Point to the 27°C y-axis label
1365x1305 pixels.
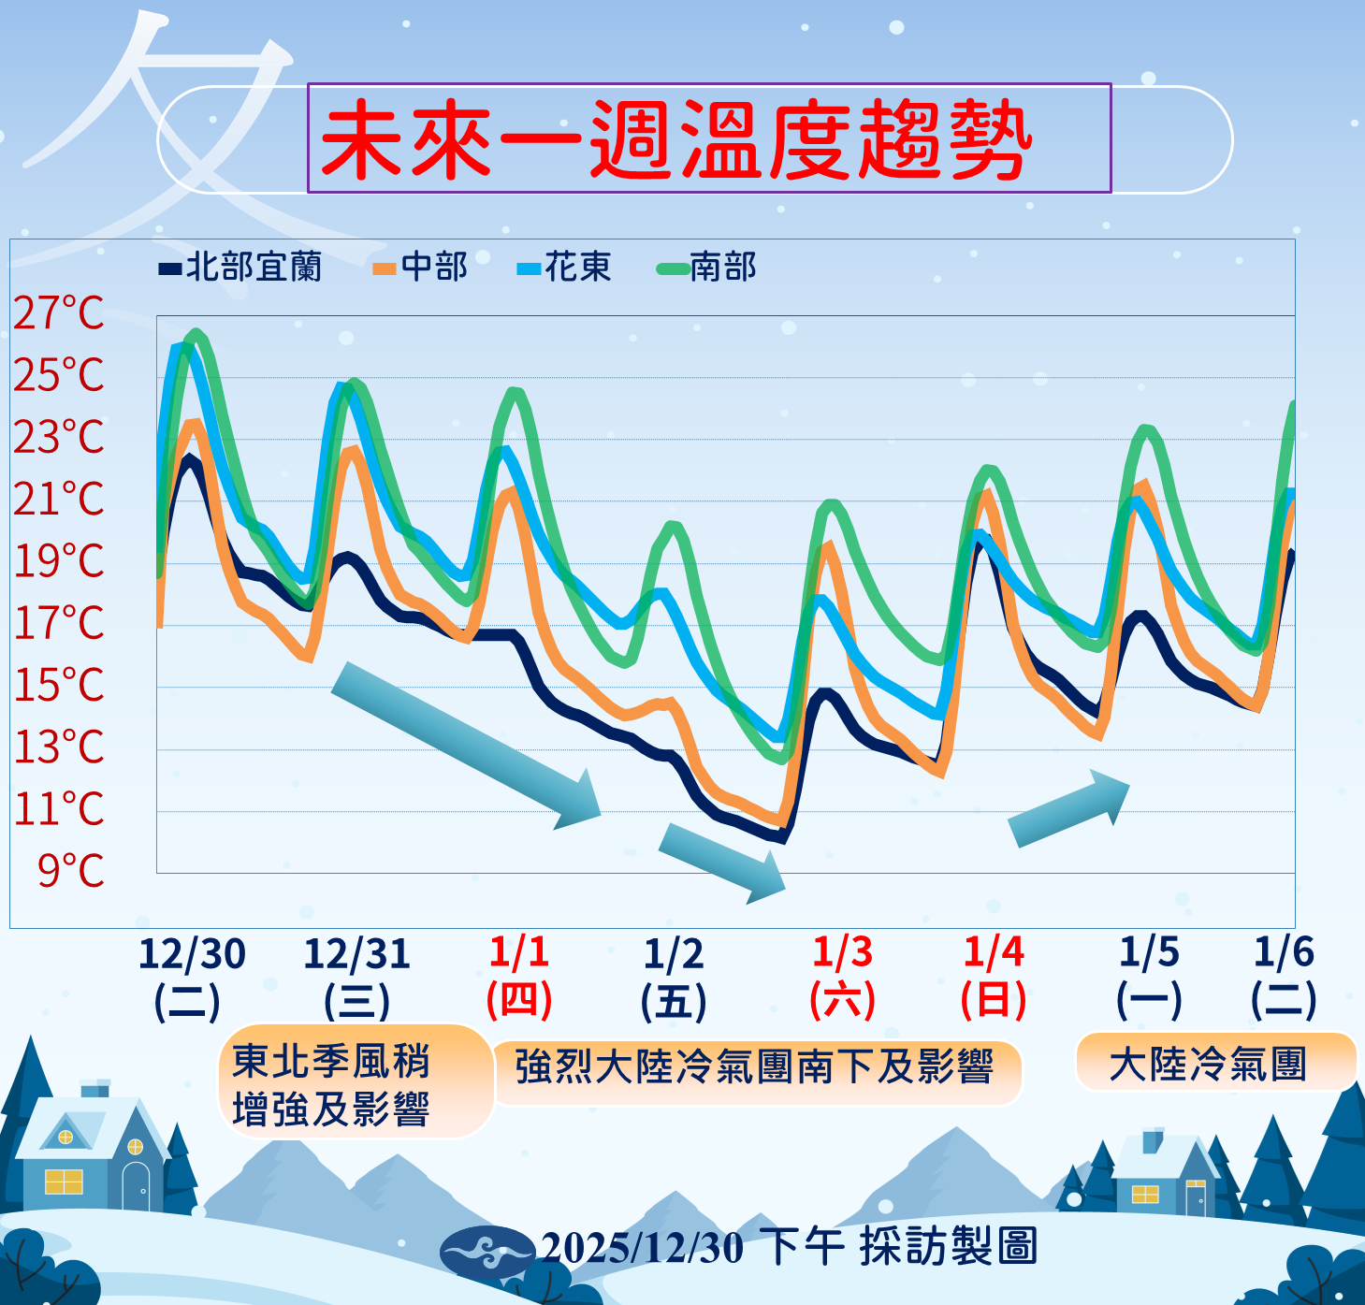[x=59, y=313]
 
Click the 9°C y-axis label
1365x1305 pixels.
[x=71, y=871]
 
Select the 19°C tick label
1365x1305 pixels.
[x=59, y=561]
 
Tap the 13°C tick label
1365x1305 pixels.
[x=59, y=747]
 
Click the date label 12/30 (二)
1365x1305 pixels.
[x=191, y=978]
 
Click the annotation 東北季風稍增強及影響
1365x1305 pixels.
[x=330, y=1085]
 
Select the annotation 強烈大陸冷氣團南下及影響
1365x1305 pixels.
[x=754, y=1067]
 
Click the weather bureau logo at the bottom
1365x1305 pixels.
[x=486, y=1250]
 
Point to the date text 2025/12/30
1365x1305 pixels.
[x=642, y=1248]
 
